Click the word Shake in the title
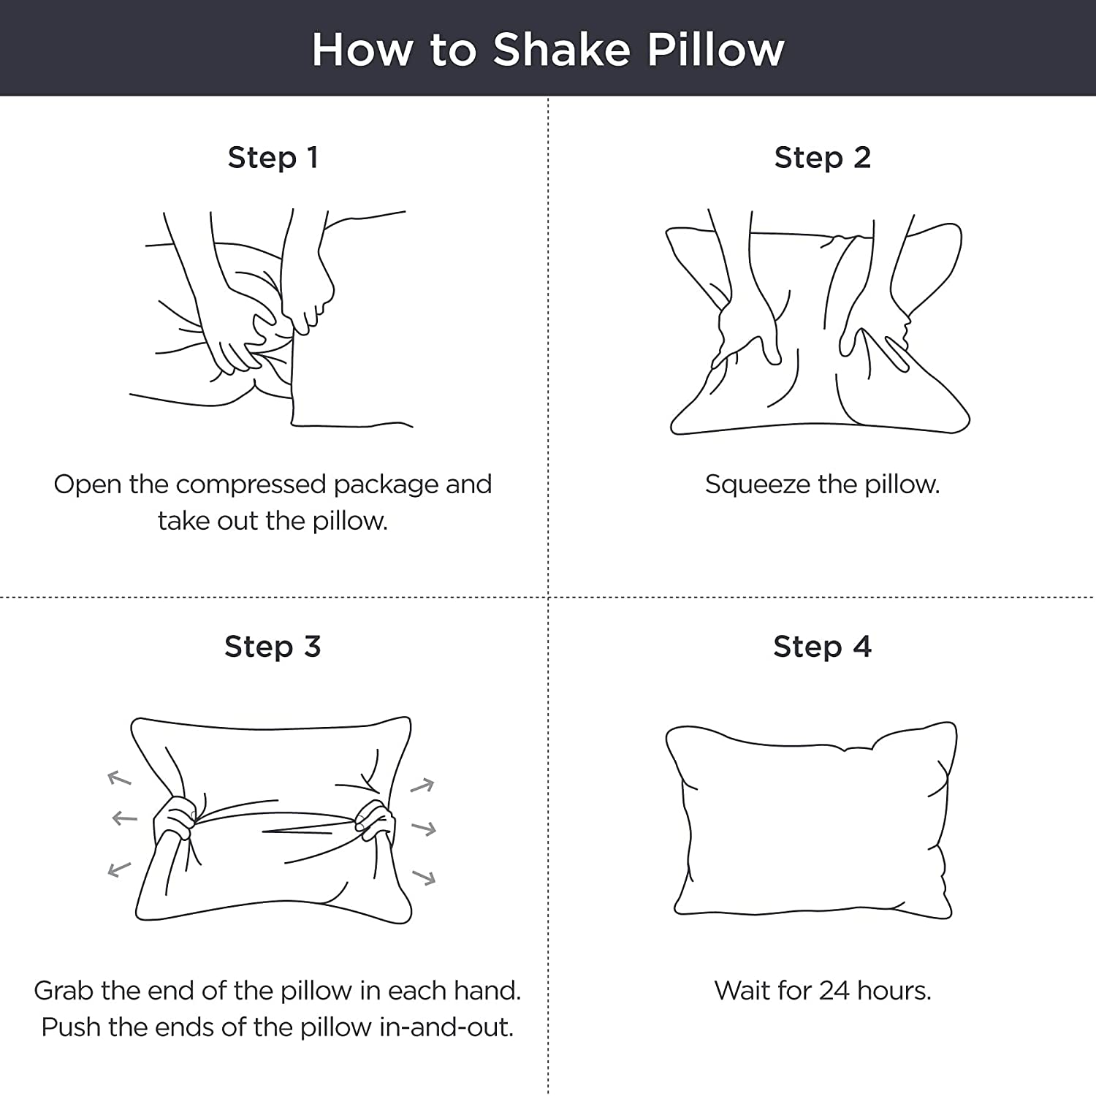(561, 50)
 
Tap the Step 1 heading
(273, 158)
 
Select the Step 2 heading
(822, 158)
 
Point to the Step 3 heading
(273, 647)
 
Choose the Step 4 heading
(822, 647)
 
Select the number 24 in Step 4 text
(834, 991)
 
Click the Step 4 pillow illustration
(811, 819)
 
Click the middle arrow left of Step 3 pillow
(124, 818)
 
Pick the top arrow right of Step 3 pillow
(422, 786)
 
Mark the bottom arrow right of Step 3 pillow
(424, 876)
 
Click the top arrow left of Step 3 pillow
(119, 778)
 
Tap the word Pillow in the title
(715, 50)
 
